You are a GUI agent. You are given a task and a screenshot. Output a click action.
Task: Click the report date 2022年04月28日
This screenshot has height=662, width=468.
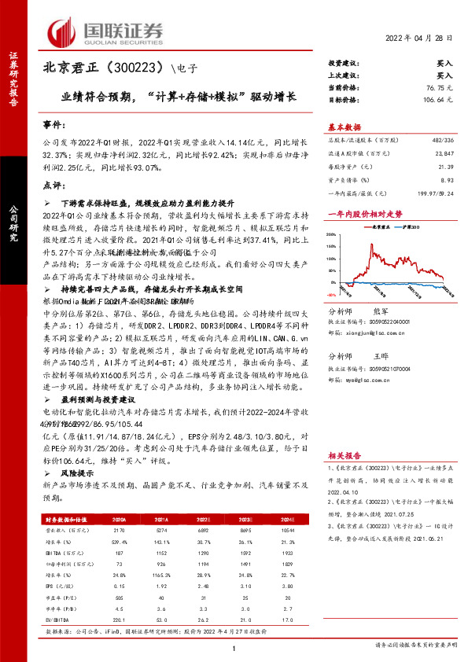[421, 39]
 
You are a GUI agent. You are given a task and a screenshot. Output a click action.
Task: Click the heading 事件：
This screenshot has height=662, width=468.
[53, 125]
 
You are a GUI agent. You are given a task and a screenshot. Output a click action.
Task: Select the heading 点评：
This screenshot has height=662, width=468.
[53, 185]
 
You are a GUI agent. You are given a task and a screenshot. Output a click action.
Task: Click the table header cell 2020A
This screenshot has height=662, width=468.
[120, 520]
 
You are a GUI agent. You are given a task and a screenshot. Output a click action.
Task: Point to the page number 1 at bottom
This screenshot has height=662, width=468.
[234, 648]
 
